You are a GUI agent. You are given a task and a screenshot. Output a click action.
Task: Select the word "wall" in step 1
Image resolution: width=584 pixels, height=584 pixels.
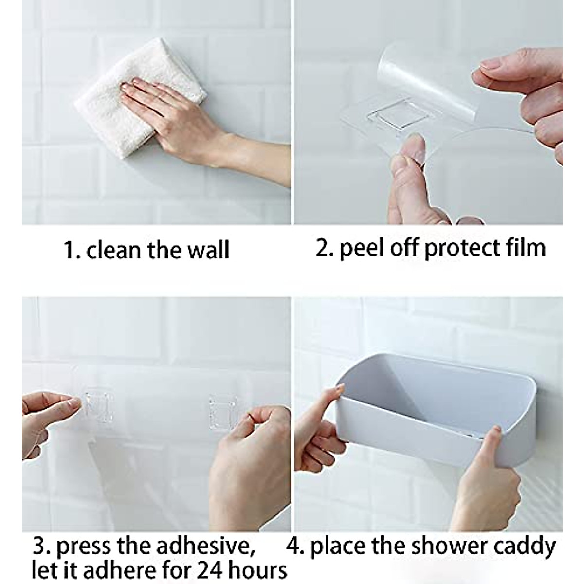point(208,250)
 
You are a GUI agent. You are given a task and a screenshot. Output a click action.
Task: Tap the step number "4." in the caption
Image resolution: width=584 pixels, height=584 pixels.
point(296,546)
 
